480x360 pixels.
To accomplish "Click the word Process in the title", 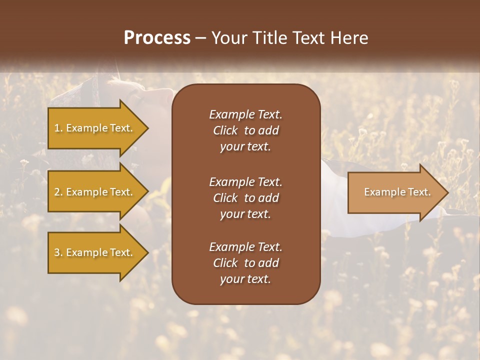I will (x=157, y=38).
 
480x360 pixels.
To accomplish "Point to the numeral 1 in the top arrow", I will (x=57, y=128).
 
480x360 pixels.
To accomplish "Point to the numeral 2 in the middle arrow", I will (x=57, y=192).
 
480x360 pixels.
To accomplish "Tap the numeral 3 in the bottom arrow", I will (x=57, y=252).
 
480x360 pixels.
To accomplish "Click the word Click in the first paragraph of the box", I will (x=225, y=130).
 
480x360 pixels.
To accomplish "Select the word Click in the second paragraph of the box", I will (x=225, y=198).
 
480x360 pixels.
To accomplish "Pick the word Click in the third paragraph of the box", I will (x=225, y=263).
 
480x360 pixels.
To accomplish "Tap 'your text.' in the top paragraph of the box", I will (x=245, y=147).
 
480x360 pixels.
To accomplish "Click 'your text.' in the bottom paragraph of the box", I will (x=245, y=279).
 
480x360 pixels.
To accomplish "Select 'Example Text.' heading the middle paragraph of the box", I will (x=245, y=181).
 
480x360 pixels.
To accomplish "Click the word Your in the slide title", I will (x=228, y=38).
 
